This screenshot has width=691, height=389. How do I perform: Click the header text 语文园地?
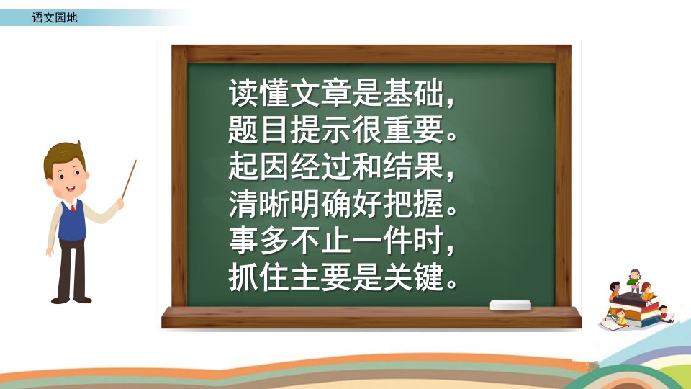55,17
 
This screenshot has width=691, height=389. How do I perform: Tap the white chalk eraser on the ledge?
510,305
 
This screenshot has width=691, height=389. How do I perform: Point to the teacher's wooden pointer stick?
129,179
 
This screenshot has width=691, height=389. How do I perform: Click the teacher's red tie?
73,207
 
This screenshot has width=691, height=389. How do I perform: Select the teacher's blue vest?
71,221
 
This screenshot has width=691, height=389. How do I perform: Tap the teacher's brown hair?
63,156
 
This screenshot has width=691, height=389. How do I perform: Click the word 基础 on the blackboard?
413,93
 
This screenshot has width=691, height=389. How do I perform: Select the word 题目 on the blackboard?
258,130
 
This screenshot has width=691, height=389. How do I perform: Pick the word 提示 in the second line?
320,130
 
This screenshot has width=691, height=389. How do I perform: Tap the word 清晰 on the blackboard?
258,204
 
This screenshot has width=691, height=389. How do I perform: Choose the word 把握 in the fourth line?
413,204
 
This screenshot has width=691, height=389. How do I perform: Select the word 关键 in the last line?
413,278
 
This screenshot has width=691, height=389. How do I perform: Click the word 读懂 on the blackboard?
258,93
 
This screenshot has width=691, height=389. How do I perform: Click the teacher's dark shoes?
71,300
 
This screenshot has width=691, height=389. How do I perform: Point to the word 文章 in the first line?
320,93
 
